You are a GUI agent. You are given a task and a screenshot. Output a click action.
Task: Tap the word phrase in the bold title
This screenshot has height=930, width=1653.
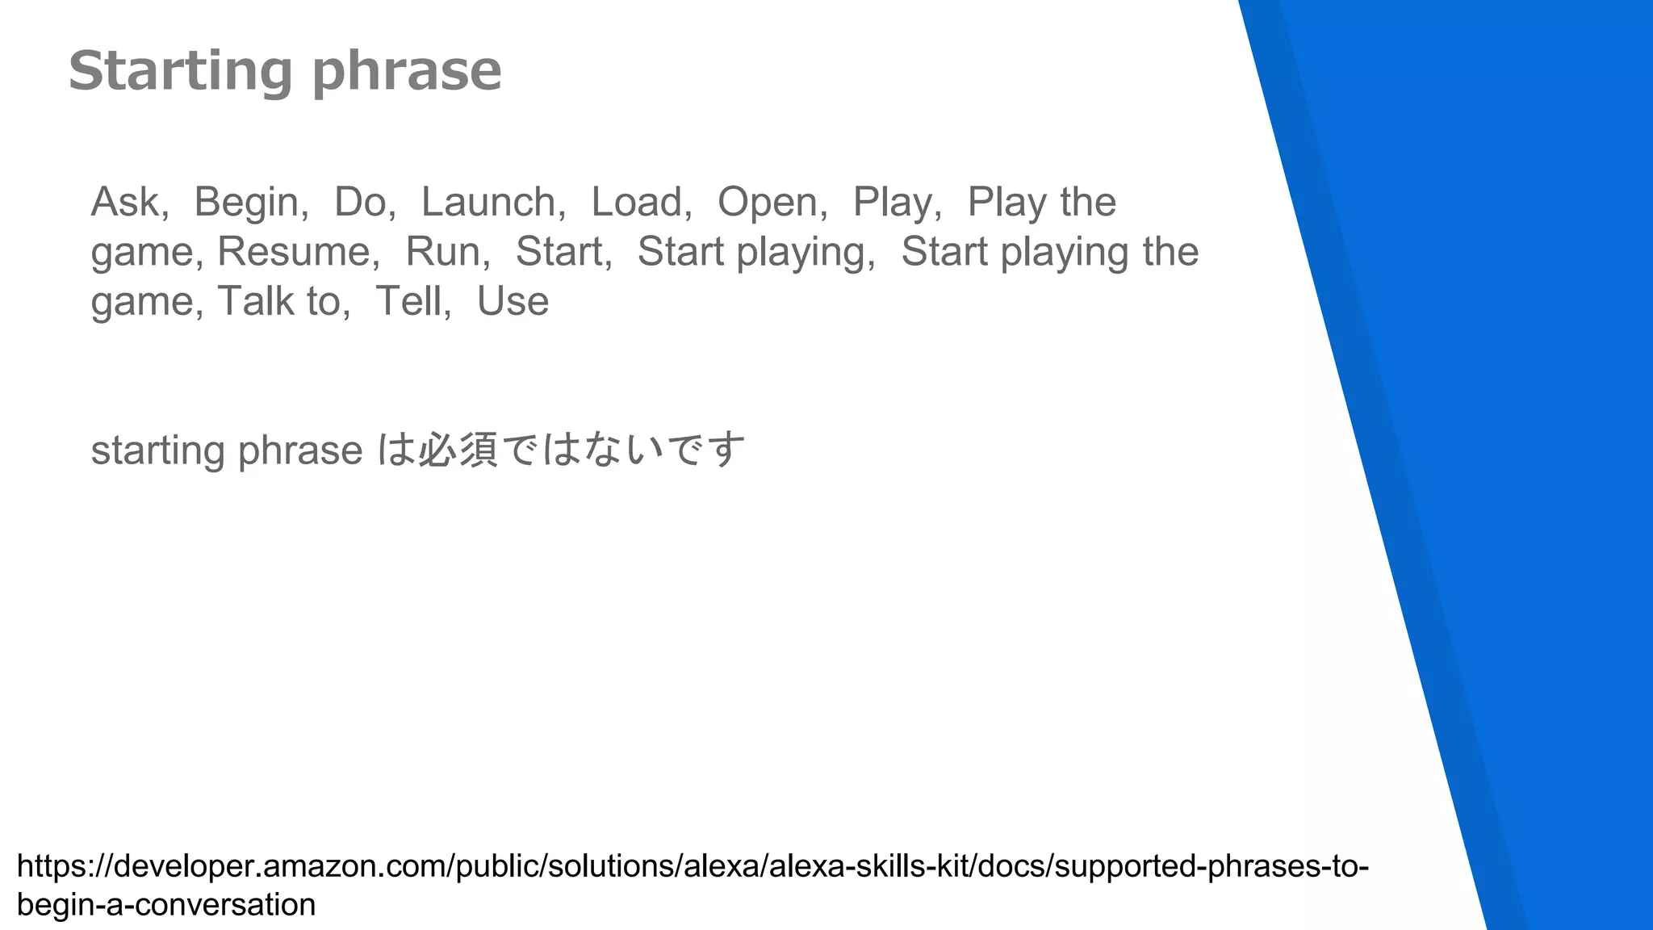(x=407, y=71)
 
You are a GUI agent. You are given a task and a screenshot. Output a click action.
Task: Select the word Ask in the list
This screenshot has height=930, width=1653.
(x=125, y=202)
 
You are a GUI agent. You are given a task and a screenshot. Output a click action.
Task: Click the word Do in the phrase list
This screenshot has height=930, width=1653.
(x=361, y=202)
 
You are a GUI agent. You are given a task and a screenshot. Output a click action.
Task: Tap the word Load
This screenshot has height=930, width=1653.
(x=638, y=202)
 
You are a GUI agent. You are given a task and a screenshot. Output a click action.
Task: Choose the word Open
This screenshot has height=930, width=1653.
(x=768, y=202)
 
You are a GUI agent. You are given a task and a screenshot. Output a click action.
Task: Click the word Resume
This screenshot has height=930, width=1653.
(x=294, y=251)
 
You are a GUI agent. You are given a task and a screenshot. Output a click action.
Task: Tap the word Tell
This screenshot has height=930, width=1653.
(x=409, y=301)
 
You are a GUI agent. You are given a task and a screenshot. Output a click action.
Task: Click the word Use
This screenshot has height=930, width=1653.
(x=513, y=301)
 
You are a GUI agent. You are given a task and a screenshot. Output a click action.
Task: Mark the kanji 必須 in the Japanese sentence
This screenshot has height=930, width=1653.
(x=458, y=450)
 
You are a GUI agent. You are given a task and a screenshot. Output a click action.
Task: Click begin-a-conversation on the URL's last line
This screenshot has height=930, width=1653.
(x=166, y=905)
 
